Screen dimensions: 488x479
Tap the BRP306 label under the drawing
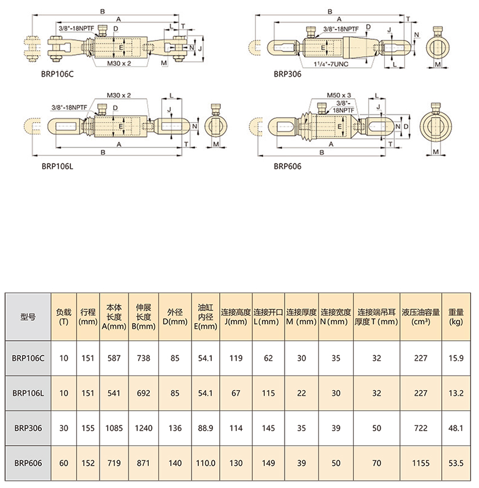[x=287, y=73]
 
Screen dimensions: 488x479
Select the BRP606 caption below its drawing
[x=287, y=166]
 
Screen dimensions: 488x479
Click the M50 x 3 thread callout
[x=339, y=96]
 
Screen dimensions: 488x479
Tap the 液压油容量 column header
[x=420, y=316]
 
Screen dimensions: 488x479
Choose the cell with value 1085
[x=114, y=428]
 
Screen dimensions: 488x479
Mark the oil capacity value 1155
[x=420, y=463]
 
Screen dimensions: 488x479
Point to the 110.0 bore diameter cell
[x=206, y=463]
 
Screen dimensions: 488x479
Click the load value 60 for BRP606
[x=64, y=463]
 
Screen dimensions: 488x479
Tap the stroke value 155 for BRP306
[x=88, y=428]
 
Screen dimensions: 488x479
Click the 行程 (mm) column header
[x=88, y=316]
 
